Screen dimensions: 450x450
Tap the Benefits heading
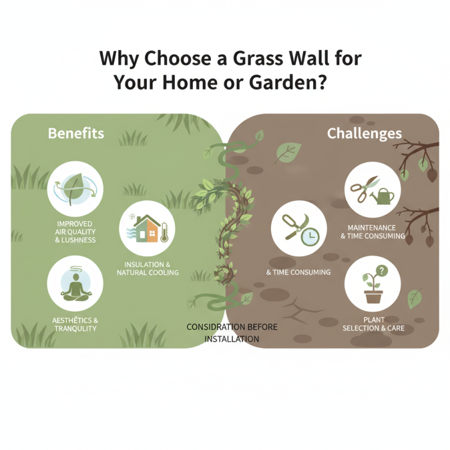pos(76,133)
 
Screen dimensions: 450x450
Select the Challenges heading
pos(364,133)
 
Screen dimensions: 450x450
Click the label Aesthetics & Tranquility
pos(75,324)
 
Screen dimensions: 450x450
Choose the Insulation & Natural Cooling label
pos(147,268)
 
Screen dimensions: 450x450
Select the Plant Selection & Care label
pos(372,324)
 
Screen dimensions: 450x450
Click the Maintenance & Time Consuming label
pos(372,232)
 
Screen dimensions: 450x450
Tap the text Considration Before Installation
pos(232,333)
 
